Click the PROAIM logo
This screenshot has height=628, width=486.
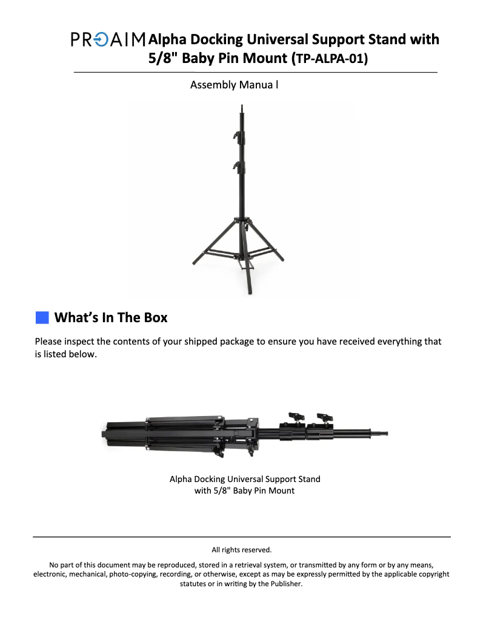click(108, 39)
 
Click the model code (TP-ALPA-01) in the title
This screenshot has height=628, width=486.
click(330, 59)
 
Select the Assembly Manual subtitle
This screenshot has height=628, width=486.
click(234, 85)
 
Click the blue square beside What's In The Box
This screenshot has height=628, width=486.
click(42, 317)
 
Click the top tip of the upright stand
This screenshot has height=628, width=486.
click(242, 106)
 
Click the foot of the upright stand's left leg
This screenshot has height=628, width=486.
click(195, 262)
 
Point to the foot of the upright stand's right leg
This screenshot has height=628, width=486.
click(282, 260)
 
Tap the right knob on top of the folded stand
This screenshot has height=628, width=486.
click(325, 417)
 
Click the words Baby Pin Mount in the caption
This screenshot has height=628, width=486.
click(264, 491)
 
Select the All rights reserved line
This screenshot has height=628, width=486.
click(242, 550)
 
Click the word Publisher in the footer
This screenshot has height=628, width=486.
click(285, 584)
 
